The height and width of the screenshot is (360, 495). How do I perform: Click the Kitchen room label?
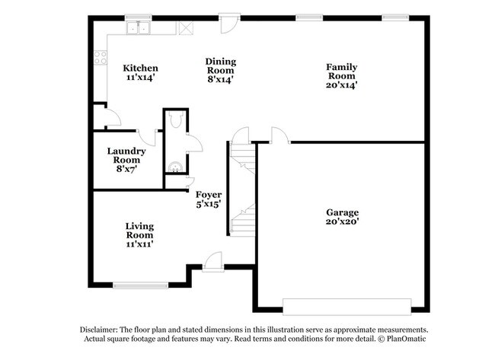(x=140, y=68)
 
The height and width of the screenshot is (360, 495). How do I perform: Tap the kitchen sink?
(x=139, y=28)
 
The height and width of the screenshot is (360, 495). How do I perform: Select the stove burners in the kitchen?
(x=99, y=56)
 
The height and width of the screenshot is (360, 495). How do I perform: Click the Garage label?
(x=342, y=212)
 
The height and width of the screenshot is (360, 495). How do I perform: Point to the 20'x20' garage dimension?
(x=342, y=222)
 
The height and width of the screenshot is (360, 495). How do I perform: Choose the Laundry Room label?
(x=126, y=156)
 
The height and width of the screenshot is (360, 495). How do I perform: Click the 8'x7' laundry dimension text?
(x=126, y=170)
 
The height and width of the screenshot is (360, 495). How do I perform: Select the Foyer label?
(x=208, y=195)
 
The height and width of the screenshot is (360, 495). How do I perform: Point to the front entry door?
(x=213, y=261)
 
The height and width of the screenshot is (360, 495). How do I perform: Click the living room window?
(x=139, y=285)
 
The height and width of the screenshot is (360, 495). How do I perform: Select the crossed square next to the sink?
(x=186, y=28)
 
